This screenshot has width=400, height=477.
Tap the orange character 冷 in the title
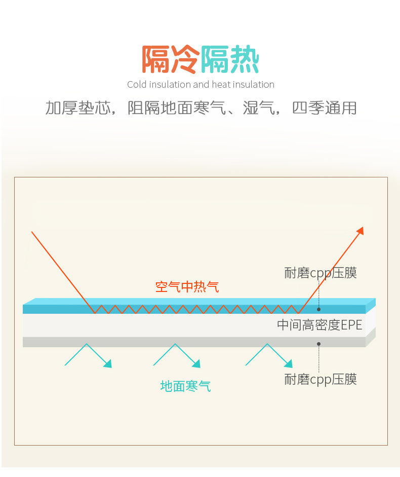(x=185, y=60)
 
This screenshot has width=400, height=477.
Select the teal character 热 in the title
(x=244, y=60)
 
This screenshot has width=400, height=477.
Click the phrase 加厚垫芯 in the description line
(x=77, y=108)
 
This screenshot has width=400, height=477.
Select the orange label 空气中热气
(x=187, y=287)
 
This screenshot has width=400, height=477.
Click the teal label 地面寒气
(x=185, y=386)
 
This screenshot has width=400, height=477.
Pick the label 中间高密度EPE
(x=319, y=325)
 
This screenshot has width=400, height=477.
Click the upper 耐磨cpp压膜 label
(x=321, y=273)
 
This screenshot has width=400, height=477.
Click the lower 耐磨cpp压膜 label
(x=321, y=379)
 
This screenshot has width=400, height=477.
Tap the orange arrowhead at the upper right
(x=360, y=231)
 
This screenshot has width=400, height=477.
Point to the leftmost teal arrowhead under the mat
(x=107, y=363)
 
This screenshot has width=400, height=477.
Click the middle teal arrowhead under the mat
(x=196, y=363)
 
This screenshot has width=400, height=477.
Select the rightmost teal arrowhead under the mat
(x=289, y=363)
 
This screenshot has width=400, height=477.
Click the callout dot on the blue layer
(x=319, y=309)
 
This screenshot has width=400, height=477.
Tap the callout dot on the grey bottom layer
(x=319, y=344)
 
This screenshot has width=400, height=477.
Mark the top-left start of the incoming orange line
(x=32, y=232)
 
